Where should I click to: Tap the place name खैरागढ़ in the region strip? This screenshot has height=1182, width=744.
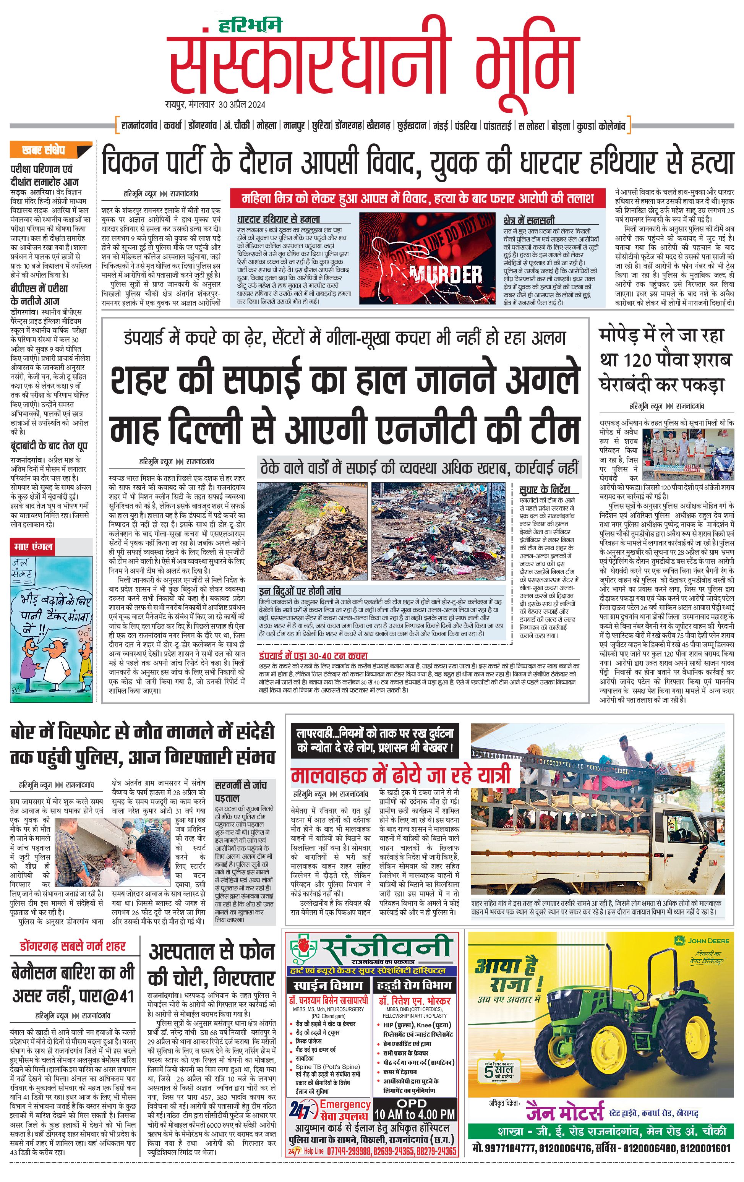[378, 126]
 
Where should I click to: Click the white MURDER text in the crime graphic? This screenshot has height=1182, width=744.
[446, 274]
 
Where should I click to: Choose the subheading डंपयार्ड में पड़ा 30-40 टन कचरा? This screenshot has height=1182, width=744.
[313, 655]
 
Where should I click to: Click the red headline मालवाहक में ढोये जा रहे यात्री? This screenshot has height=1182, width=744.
[400, 775]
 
